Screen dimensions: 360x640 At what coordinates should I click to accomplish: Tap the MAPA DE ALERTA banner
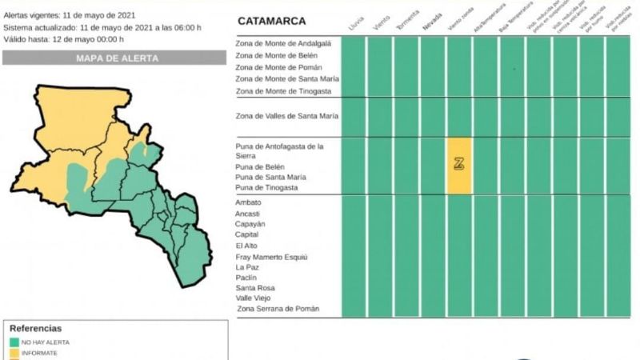coord(117,58)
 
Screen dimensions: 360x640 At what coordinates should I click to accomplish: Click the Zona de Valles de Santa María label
coord(286,116)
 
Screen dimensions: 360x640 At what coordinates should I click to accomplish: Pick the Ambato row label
coord(248,202)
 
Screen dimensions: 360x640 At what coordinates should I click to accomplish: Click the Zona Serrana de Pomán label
coord(277,309)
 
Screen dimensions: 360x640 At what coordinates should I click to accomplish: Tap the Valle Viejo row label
coord(254,298)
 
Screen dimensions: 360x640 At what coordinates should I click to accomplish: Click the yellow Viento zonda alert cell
coord(459,165)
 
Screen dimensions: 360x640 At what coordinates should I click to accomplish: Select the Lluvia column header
coord(354,24)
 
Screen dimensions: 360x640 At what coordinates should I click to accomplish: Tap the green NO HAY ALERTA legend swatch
coord(14,342)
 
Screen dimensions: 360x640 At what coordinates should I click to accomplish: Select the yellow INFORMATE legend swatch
coord(14,353)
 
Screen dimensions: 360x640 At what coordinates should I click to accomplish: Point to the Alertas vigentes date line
coord(70,15)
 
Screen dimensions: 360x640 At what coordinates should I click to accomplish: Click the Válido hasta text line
coord(64,38)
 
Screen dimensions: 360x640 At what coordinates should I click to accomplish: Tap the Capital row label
coord(246,235)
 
